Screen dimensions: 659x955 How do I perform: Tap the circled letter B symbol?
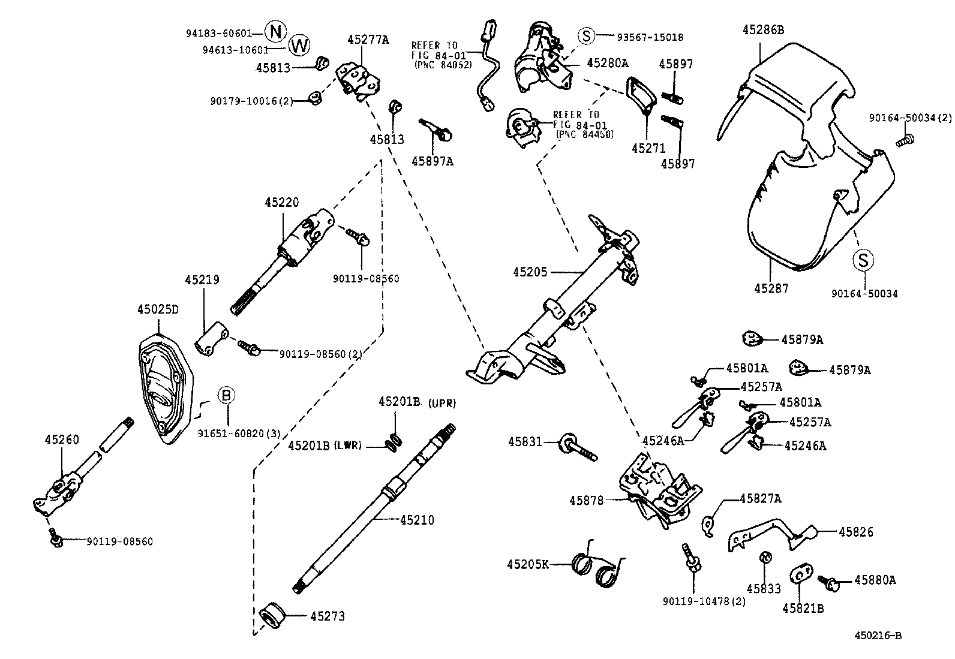coord(226,395)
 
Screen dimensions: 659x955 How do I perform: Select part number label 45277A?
coord(368,40)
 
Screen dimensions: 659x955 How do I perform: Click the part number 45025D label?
coord(158,309)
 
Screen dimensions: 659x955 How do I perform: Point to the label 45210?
coord(417,520)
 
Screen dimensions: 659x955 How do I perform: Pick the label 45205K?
coord(528,564)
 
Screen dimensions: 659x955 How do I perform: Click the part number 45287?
coord(771,288)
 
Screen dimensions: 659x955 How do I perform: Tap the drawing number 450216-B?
coord(878,636)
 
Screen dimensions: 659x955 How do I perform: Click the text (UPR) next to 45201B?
coord(442,404)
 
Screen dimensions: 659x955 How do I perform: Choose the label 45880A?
coord(875,580)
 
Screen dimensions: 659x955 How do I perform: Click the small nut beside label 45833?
coord(765,558)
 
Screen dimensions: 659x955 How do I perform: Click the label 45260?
coord(62,440)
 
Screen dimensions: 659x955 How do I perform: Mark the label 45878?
coord(587,499)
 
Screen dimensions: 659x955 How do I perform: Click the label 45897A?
coord(432,161)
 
